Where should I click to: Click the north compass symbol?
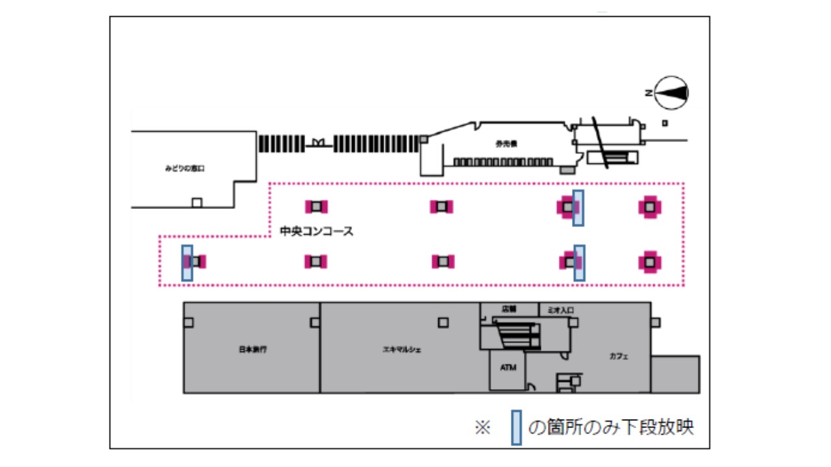[671, 93]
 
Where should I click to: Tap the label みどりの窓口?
[184, 169]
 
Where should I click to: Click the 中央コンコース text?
[316, 231]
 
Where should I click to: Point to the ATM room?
[508, 368]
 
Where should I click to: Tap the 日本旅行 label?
[253, 350]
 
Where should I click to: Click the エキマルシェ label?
[402, 350]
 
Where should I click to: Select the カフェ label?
[618, 356]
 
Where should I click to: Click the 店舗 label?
[508, 309]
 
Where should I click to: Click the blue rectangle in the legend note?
[516, 427]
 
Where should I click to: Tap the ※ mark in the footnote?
[482, 428]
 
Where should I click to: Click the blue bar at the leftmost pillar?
[187, 263]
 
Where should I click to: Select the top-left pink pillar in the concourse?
[316, 206]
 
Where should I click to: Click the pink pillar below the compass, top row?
[649, 207]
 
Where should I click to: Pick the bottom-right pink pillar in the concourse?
[649, 262]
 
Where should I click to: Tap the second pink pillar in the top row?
[441, 206]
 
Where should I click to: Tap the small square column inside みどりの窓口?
[197, 202]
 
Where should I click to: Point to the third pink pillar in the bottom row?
[443, 261]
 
